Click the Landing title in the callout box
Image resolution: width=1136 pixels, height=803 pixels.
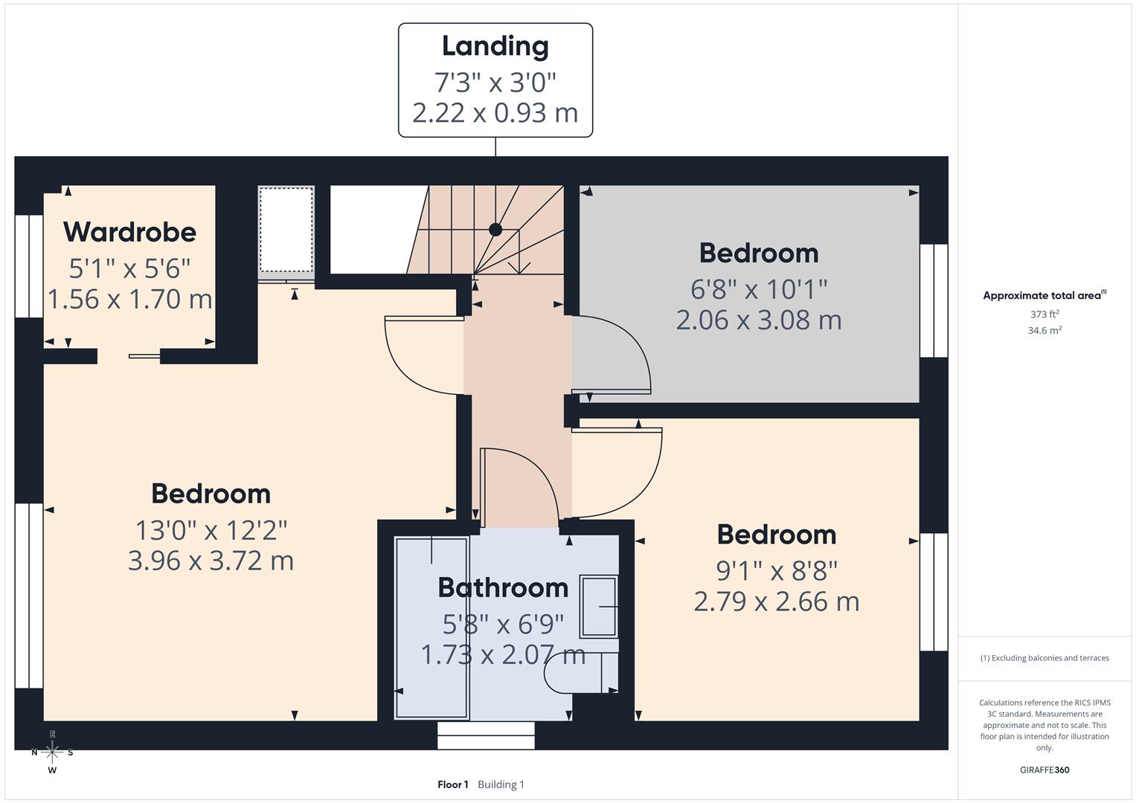495,46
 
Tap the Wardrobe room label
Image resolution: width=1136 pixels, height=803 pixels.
129,232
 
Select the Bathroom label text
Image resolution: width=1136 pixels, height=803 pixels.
503,587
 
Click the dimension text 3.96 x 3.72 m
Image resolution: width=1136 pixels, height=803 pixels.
211,560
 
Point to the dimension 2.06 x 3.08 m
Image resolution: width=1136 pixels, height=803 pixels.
758,320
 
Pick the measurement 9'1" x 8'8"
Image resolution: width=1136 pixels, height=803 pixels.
776,570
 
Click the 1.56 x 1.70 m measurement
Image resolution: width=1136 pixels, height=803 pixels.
129,299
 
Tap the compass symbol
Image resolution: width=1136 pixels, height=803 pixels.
52,752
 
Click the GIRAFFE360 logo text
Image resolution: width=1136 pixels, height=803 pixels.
1044,770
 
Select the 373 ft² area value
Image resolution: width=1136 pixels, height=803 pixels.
1044,315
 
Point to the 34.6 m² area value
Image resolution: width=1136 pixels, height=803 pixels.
1044,330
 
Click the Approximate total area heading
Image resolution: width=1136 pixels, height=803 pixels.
1044,295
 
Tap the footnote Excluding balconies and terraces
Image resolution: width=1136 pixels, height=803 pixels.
1044,658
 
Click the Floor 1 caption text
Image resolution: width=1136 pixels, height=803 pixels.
452,784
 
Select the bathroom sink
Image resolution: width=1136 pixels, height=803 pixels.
599,607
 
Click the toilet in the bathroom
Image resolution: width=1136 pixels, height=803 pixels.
580,674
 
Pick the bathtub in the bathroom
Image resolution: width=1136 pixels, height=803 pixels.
431,628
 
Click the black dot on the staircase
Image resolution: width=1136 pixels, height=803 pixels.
495,230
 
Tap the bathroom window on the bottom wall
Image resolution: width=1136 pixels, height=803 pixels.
486,735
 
